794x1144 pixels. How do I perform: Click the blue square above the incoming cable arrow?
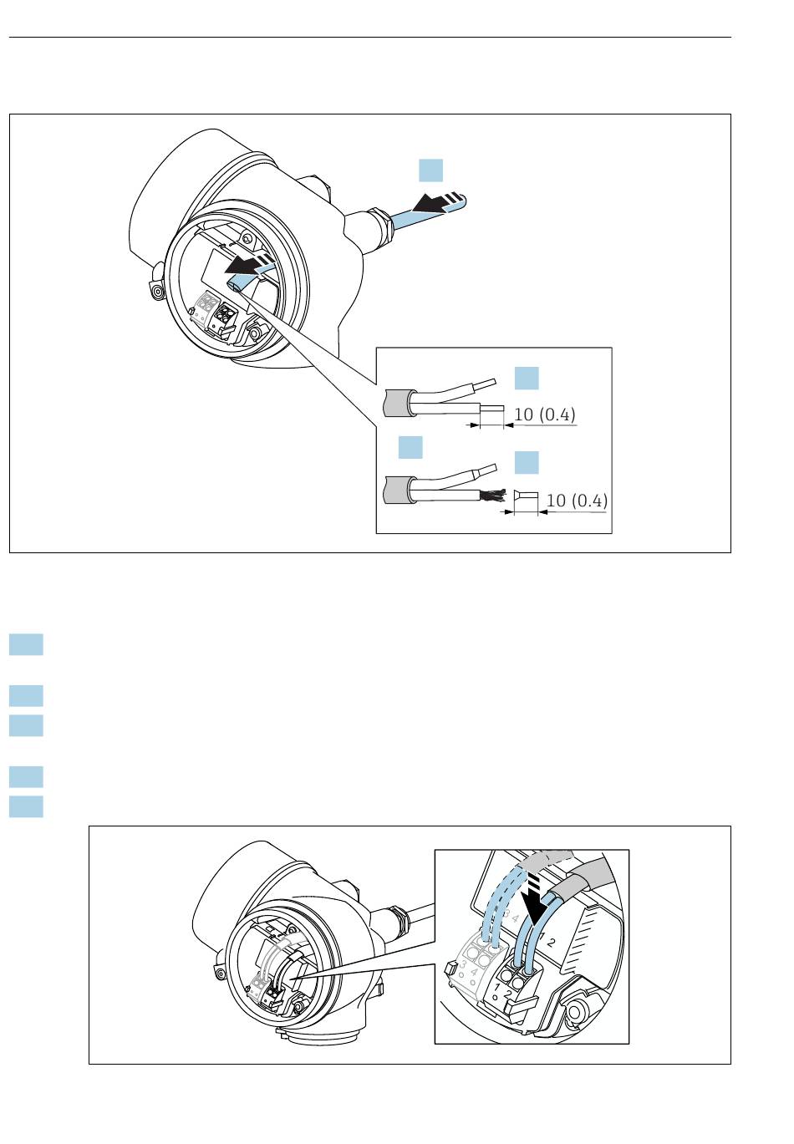(430, 170)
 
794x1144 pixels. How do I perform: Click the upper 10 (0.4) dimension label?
(544, 414)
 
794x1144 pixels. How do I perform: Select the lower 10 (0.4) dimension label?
(577, 501)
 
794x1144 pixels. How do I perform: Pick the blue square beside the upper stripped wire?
(526, 378)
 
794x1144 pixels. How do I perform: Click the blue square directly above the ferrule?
(526, 463)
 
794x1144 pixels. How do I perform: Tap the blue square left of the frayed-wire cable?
(410, 447)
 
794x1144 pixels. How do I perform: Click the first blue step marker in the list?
(27, 645)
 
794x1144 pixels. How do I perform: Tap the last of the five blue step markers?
(27, 806)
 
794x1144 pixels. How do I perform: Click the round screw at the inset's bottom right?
(575, 1013)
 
